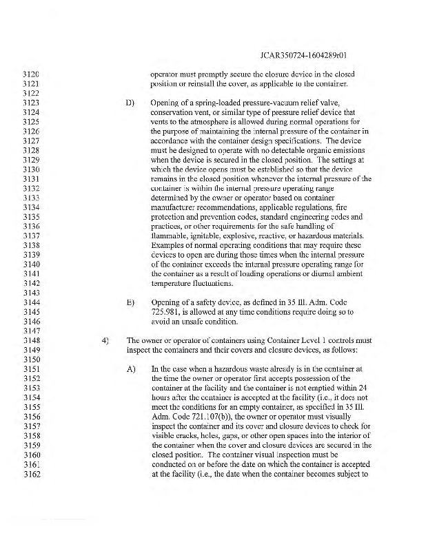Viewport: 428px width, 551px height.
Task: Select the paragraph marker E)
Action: click(129, 301)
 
